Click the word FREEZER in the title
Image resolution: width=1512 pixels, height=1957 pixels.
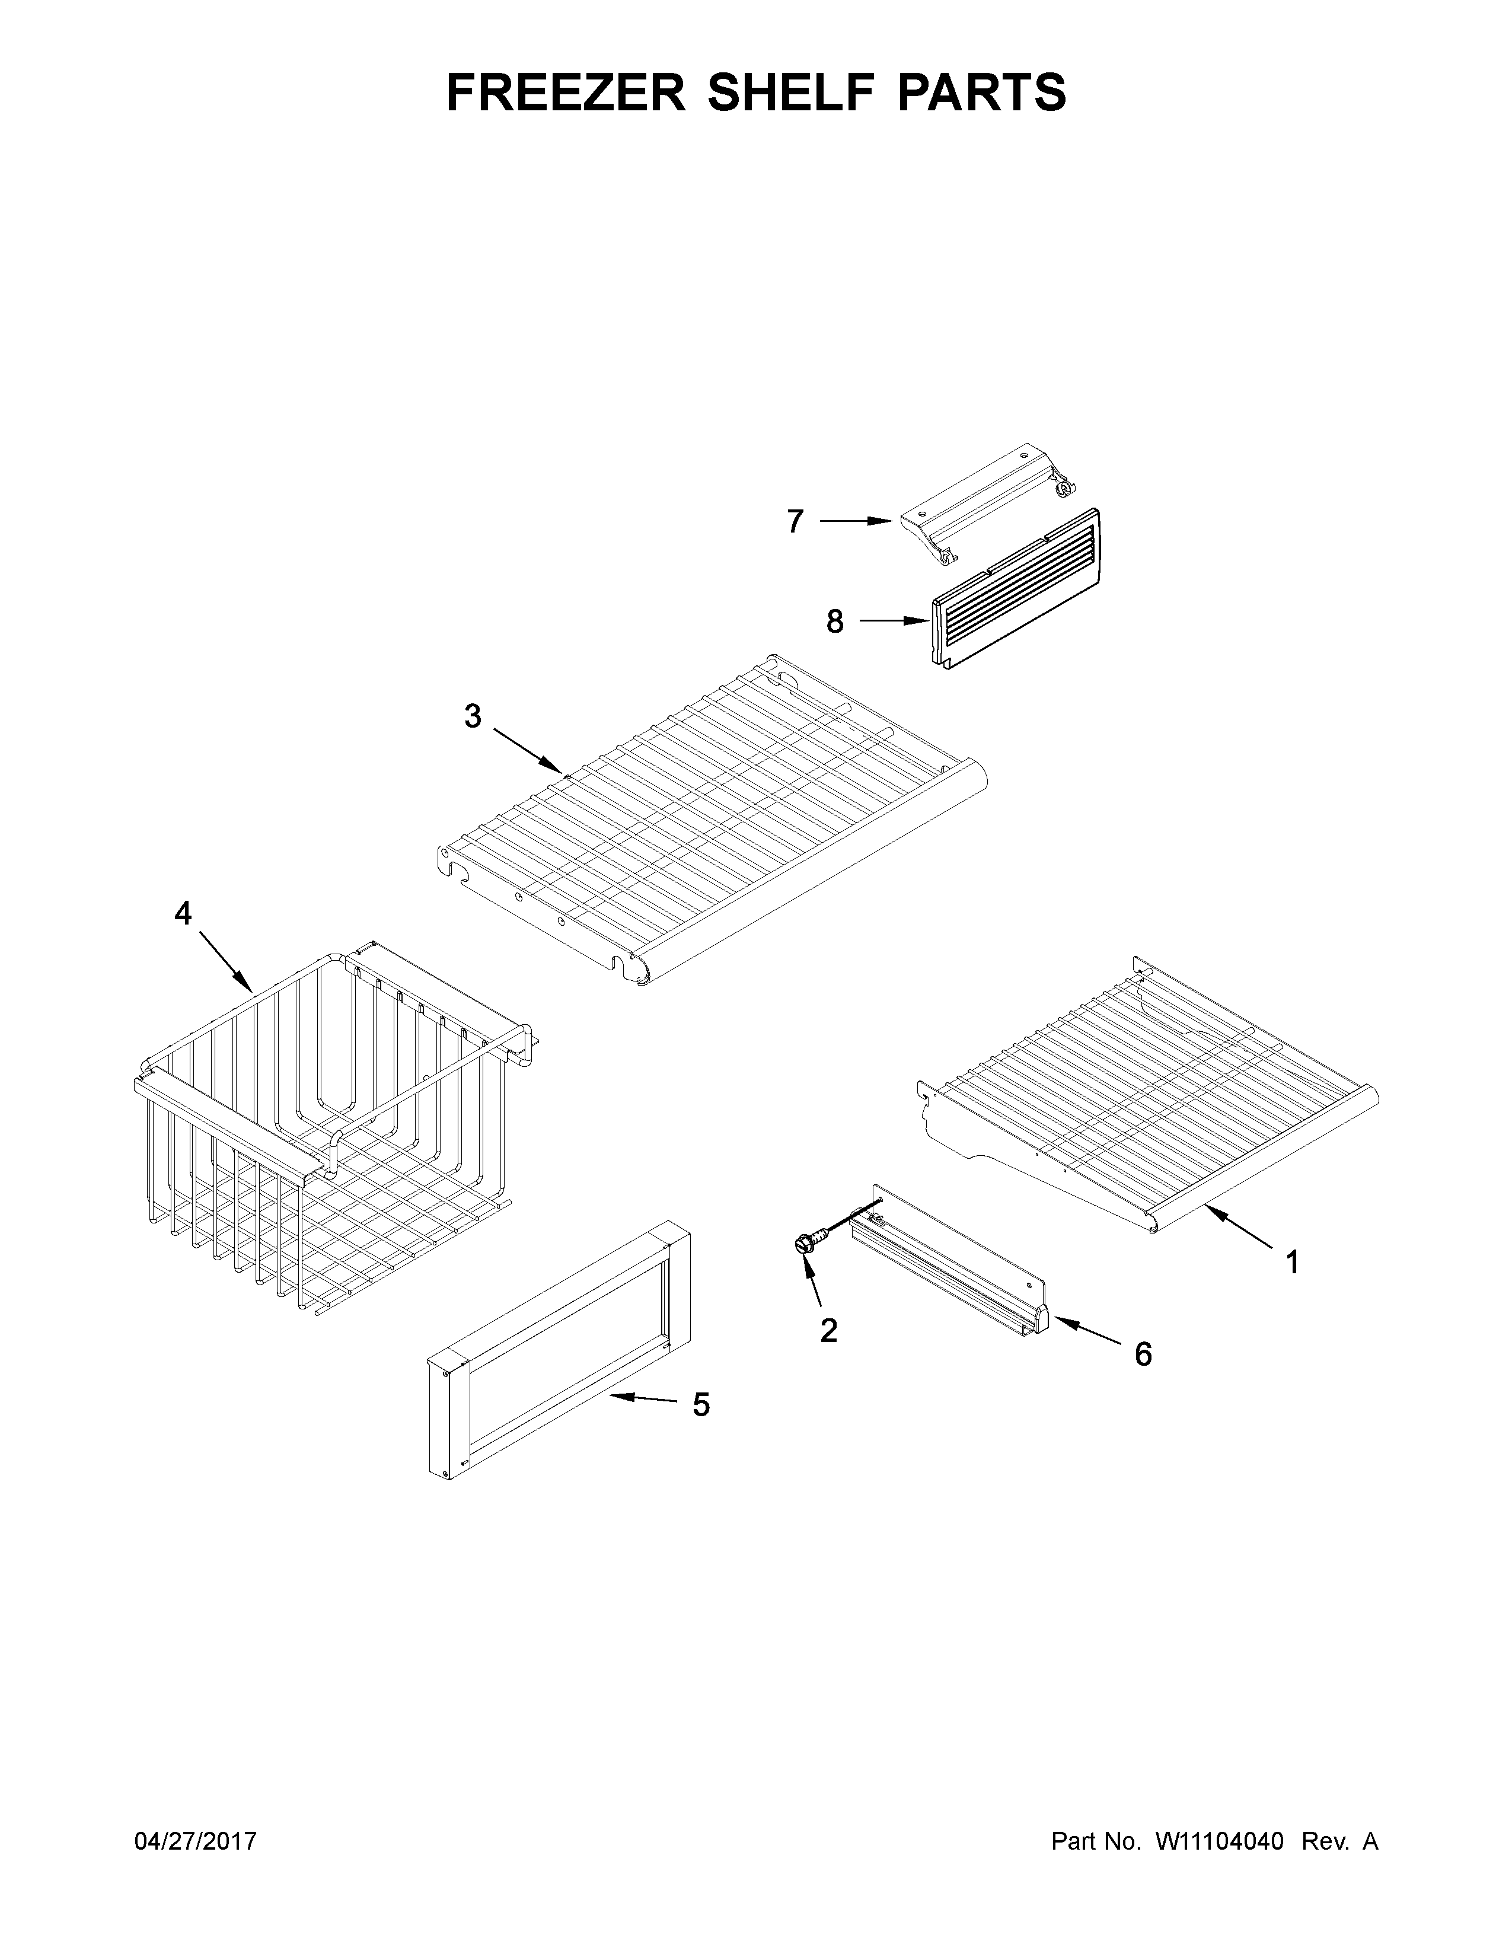pyautogui.click(x=565, y=93)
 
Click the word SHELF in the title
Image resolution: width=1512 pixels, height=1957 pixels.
pyautogui.click(x=800, y=93)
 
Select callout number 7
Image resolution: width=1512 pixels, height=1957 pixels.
pyautogui.click(x=795, y=521)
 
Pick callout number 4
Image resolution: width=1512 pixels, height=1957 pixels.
pyautogui.click(x=183, y=914)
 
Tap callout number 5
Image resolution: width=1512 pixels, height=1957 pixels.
pyautogui.click(x=700, y=1405)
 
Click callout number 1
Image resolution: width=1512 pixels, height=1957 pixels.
pyautogui.click(x=1291, y=1263)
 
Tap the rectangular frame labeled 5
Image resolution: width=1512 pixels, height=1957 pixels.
pyautogui.click(x=559, y=1353)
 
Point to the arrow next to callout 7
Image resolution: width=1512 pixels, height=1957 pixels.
pyautogui.click(x=856, y=521)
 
